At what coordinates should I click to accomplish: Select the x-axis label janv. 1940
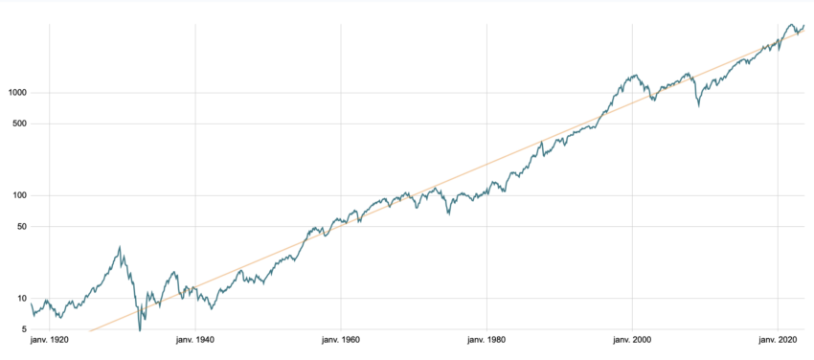click(195, 340)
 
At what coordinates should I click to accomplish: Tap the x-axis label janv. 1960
click(341, 340)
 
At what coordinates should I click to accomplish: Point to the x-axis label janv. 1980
click(486, 340)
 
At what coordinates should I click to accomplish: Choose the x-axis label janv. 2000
click(632, 340)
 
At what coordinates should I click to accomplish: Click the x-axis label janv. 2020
click(778, 340)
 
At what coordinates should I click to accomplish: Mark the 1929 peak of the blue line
click(120, 246)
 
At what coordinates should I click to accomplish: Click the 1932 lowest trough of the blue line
click(140, 330)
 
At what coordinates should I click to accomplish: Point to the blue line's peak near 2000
click(634, 74)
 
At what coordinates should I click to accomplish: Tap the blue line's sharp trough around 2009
click(698, 105)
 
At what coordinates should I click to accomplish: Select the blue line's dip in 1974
click(449, 216)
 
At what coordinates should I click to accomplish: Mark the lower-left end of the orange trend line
click(90, 330)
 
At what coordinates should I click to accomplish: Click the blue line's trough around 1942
click(211, 308)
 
